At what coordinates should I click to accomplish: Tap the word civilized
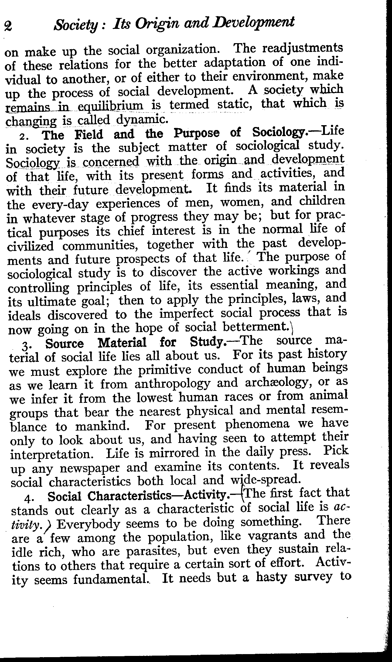coord(30,246)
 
